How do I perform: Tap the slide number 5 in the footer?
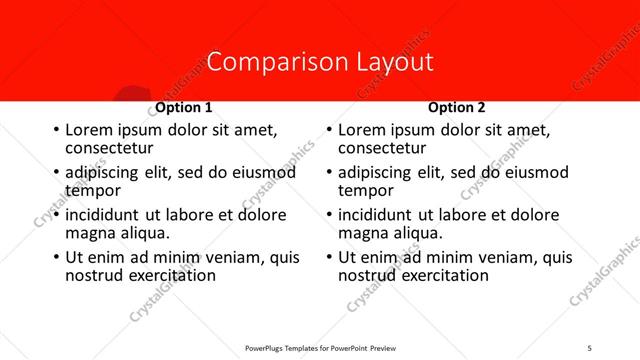tap(590, 347)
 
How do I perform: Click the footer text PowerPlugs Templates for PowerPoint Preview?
tap(320, 347)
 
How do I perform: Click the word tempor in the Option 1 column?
tap(93, 190)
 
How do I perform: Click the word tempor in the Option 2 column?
tap(366, 190)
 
